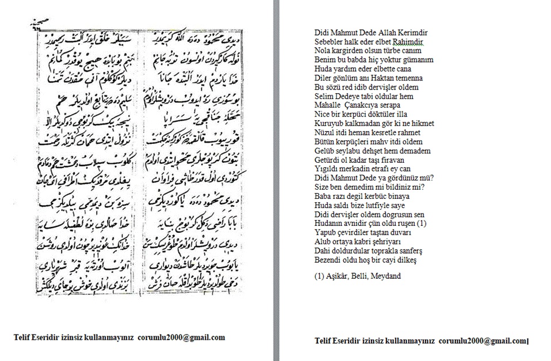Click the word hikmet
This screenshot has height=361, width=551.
422,124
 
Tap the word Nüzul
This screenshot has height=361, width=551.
324,133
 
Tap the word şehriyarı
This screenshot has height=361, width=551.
391,242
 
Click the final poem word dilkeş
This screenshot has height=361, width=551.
405,260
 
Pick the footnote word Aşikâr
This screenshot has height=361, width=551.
337,276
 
